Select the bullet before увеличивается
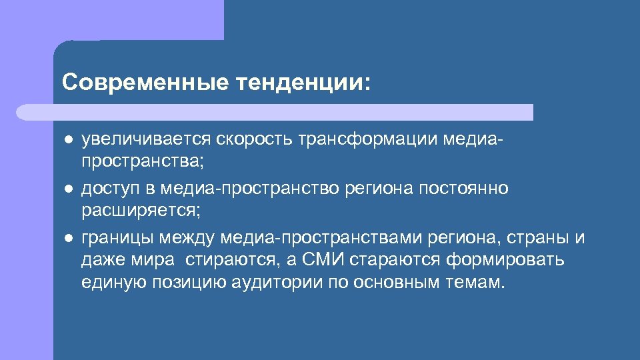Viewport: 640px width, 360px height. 68,140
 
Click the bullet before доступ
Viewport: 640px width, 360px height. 68,189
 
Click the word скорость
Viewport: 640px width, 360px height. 254,139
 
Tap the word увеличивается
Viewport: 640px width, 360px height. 145,139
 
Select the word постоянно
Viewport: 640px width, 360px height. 463,189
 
